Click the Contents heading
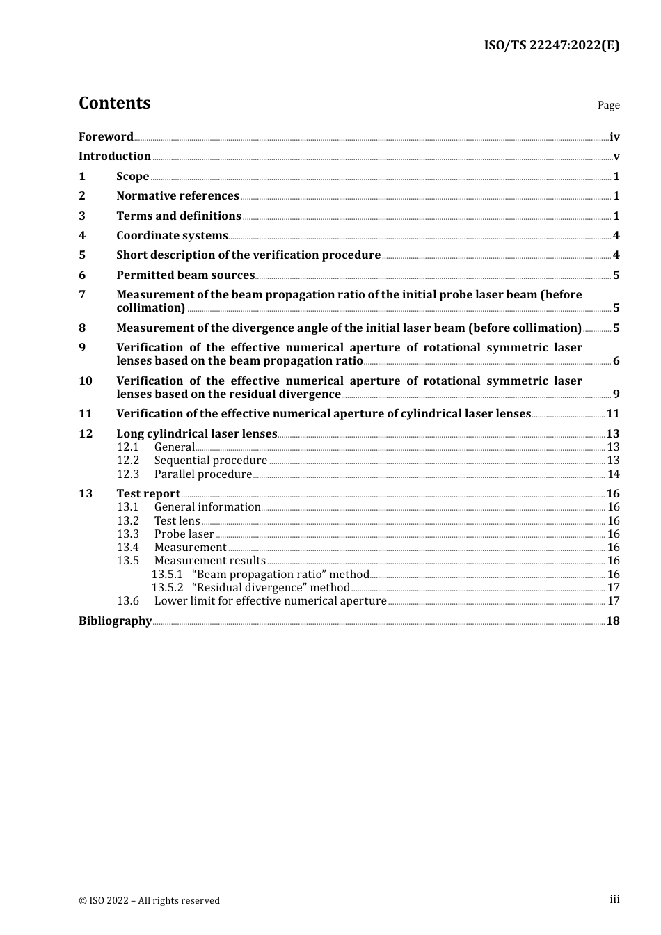pos(114,103)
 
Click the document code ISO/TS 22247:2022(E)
pos(551,45)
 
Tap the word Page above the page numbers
pos(608,105)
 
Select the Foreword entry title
pos(106,136)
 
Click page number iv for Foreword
pos(614,137)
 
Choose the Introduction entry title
pos(115,156)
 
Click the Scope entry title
pos(132,176)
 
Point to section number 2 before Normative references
pos(82,196)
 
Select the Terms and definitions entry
pos(178,216)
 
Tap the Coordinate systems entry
pos(172,236)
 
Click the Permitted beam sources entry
pos(185,275)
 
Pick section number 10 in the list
pos(86,381)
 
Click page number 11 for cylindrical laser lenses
pos(613,414)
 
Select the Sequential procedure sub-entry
pos(210,461)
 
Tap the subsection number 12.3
pos(128,474)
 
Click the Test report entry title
pos(148,494)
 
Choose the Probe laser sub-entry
pos(184,534)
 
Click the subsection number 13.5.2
pos(167,588)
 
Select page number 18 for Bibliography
pos(613,621)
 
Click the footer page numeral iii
pos(614,900)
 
